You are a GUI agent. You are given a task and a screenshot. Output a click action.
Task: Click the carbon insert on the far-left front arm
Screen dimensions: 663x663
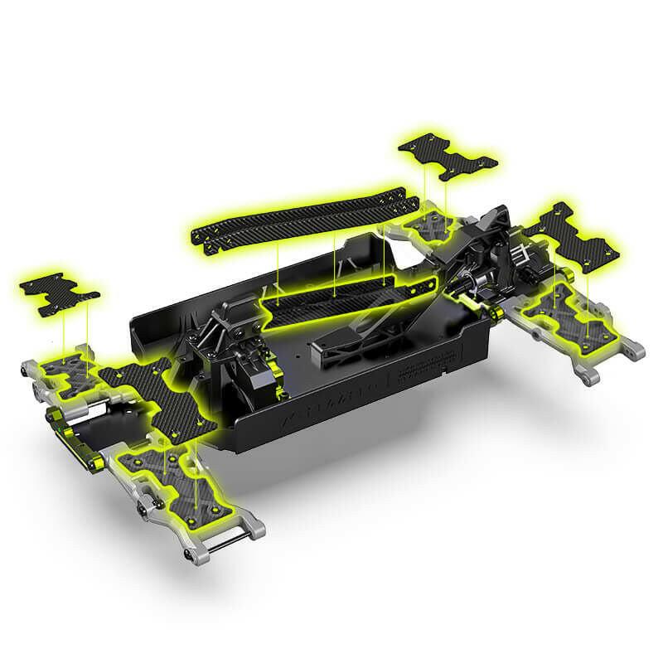[62, 369]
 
